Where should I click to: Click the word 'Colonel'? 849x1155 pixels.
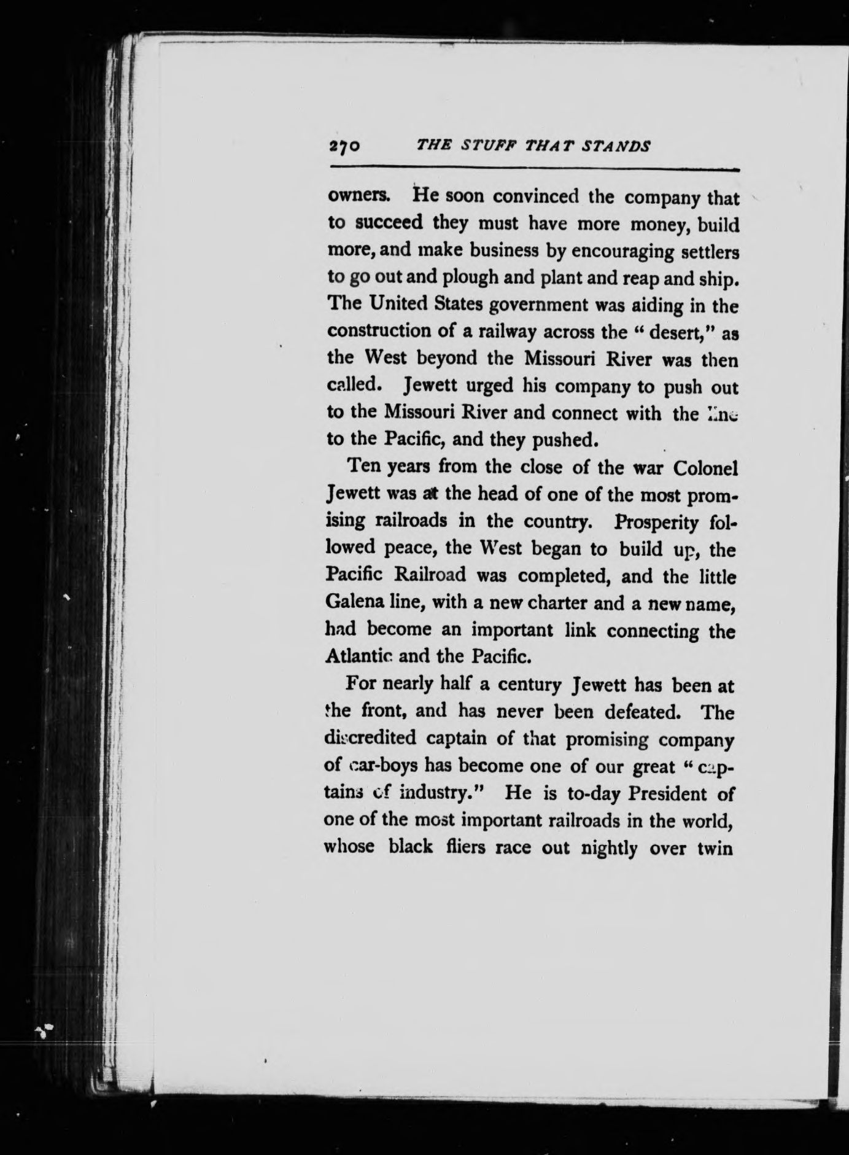click(705, 468)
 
